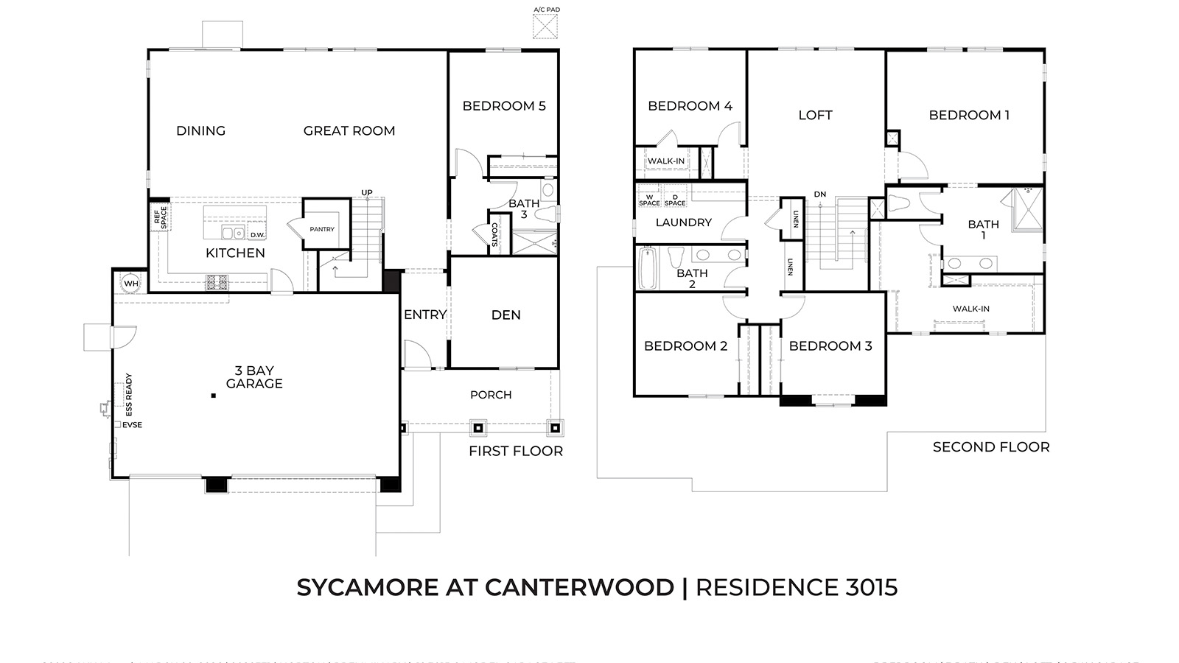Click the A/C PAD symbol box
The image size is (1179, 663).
[x=546, y=26]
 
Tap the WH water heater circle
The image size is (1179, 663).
[x=131, y=284]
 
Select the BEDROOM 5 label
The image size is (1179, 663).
[x=504, y=106]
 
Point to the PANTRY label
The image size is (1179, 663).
[x=322, y=229]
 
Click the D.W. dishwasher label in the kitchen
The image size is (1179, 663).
[x=257, y=235]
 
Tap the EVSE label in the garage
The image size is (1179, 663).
[x=132, y=425]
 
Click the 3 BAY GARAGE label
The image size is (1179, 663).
[x=254, y=377]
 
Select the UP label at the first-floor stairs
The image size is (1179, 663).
[x=367, y=193]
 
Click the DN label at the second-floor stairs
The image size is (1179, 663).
[x=820, y=194]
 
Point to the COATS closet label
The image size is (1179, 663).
[x=494, y=235]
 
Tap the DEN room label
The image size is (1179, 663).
[x=506, y=315]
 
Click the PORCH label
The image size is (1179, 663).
[x=491, y=395]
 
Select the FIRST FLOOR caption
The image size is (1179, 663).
[x=516, y=451]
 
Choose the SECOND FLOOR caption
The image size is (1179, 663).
[x=991, y=447]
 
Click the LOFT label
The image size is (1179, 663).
[x=815, y=115]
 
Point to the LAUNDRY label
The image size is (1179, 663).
[x=683, y=222]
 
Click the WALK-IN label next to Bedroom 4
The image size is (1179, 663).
[x=666, y=161]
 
